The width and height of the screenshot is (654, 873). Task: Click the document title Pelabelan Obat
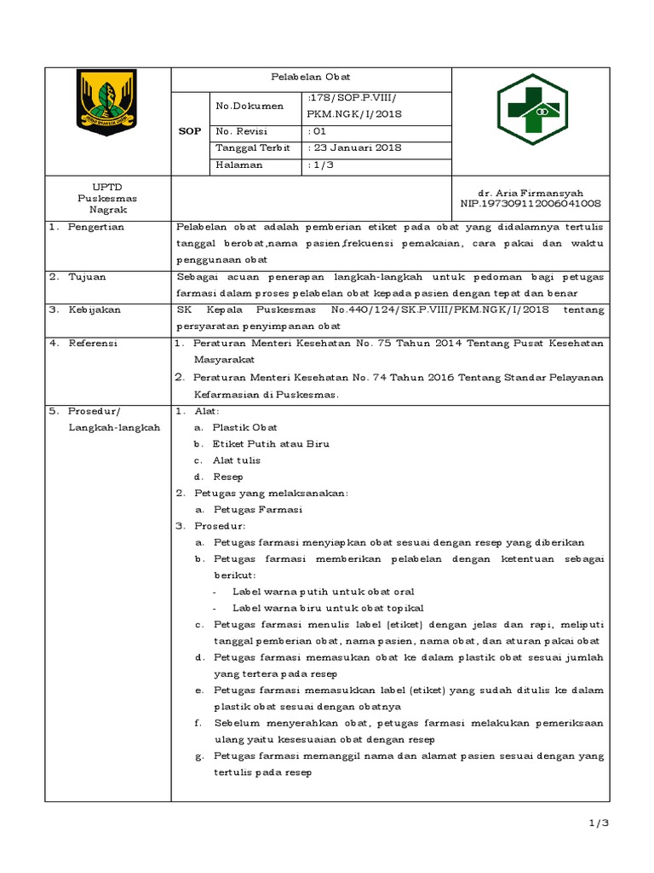tap(311, 78)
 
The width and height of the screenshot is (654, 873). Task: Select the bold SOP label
tap(189, 131)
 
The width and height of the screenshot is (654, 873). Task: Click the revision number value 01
tap(317, 131)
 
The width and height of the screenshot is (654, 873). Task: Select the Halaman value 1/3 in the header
tap(321, 165)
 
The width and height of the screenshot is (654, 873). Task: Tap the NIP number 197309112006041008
tap(530, 204)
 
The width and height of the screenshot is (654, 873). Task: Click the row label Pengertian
tap(96, 226)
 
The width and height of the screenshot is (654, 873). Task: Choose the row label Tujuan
tap(88, 276)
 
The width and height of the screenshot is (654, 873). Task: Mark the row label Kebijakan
tap(95, 309)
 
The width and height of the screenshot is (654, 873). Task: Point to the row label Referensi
tap(93, 343)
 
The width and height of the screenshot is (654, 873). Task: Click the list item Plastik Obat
tap(245, 426)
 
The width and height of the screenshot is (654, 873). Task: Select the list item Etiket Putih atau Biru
tap(272, 443)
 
